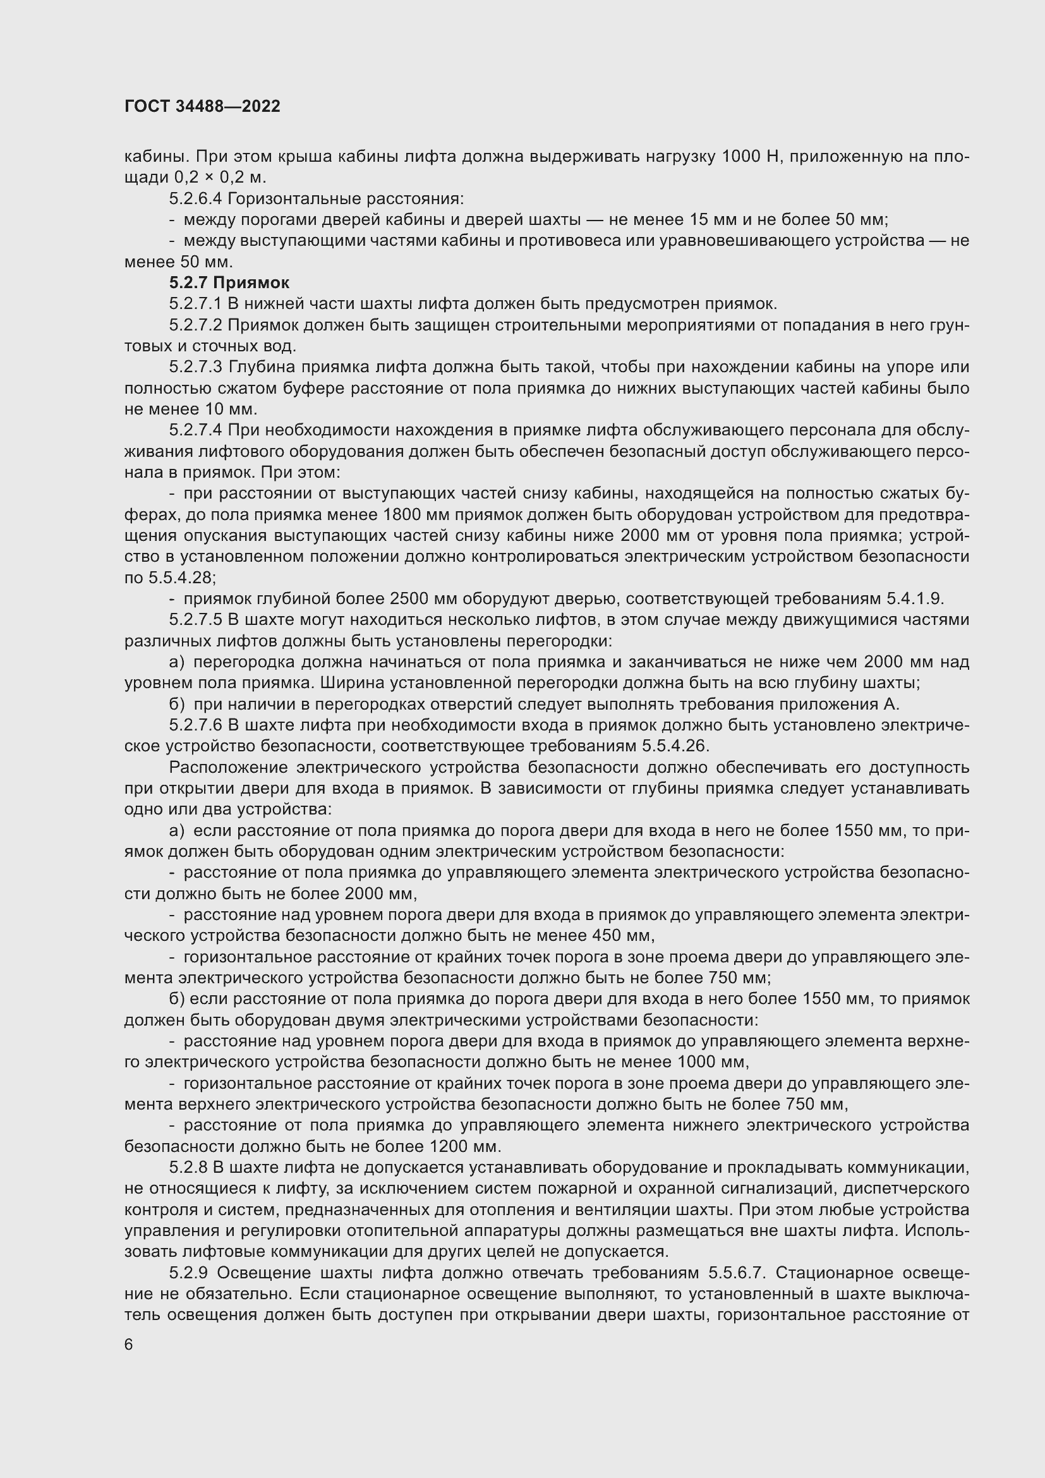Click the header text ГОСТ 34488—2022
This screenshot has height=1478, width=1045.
(202, 107)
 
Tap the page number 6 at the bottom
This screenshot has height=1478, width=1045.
(129, 1345)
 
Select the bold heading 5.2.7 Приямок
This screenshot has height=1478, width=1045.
(229, 282)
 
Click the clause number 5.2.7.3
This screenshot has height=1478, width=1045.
(196, 367)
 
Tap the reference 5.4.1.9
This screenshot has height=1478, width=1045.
(914, 598)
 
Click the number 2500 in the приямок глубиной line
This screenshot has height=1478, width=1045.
(410, 598)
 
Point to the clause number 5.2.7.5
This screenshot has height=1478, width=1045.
(196, 620)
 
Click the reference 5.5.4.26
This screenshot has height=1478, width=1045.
(675, 746)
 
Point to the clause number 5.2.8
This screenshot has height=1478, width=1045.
(188, 1168)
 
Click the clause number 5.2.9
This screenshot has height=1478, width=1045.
(188, 1273)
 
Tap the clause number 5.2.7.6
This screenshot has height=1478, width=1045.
(196, 725)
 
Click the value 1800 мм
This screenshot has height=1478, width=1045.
(416, 514)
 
